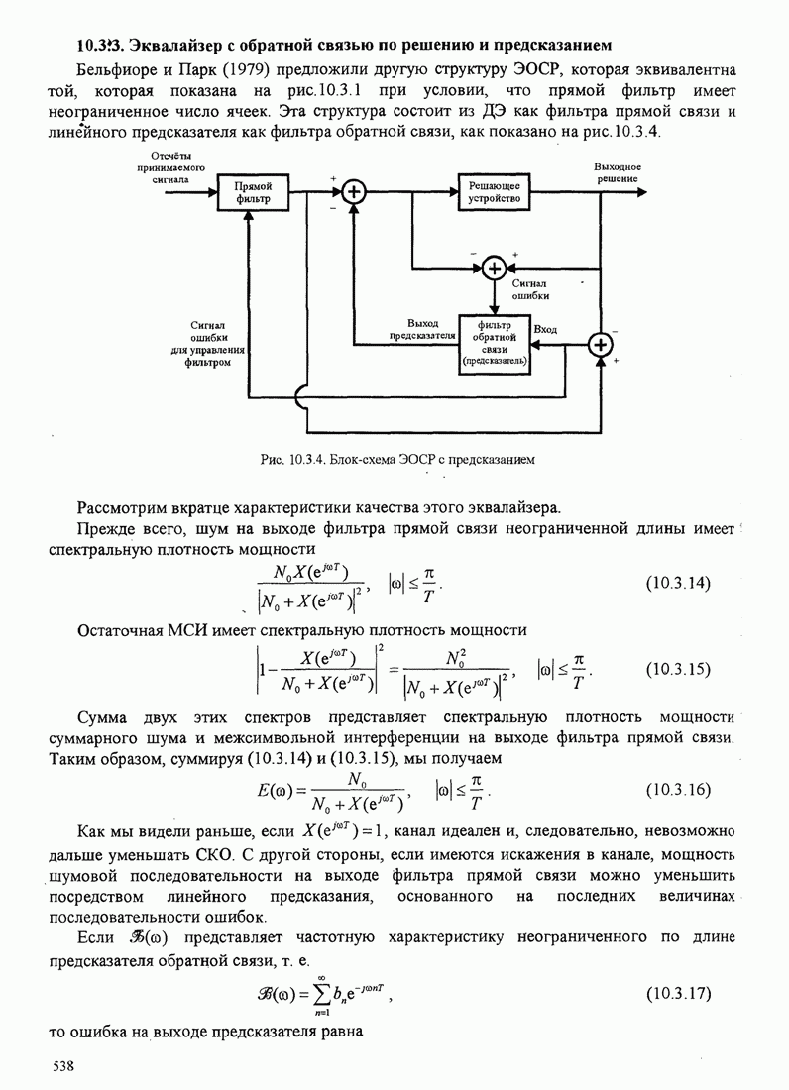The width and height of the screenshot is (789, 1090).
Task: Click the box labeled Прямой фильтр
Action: click(253, 192)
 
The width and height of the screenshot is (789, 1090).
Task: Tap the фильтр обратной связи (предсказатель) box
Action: click(495, 344)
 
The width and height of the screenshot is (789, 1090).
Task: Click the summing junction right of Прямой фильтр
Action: click(355, 192)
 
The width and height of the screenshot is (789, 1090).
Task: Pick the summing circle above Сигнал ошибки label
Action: click(495, 268)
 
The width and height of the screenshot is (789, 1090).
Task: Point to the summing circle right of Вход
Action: click(600, 345)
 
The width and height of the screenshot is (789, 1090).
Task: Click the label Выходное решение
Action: click(617, 173)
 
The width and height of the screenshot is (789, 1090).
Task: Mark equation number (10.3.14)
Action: click(678, 583)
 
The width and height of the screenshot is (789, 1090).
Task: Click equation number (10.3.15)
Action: click(678, 669)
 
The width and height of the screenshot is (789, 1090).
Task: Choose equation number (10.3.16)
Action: click(678, 789)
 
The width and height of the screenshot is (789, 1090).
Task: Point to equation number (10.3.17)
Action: click(678, 993)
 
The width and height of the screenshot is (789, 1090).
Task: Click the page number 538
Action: click(63, 1066)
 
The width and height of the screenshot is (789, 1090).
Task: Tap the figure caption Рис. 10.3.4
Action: click(396, 460)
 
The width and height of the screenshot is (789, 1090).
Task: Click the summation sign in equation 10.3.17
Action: click(321, 995)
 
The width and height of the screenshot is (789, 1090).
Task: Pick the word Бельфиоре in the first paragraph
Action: click(113, 70)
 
